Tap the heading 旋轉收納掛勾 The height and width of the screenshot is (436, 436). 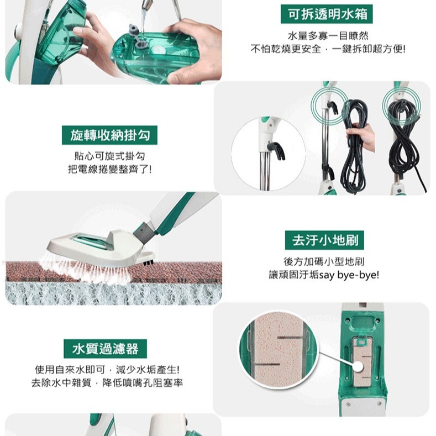(109, 134)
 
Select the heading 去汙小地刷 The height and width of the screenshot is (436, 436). (328, 240)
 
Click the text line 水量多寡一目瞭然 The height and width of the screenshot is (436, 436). (328, 36)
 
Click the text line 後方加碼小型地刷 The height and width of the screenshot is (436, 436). (328, 261)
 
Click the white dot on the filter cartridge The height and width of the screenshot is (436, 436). (358, 366)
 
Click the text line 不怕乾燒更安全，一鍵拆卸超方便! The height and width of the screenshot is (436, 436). (328, 49)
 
